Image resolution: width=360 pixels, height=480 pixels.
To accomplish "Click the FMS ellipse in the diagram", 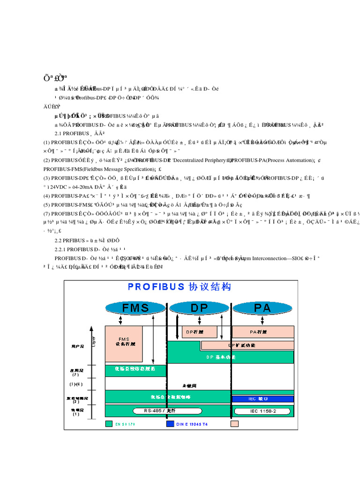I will (135, 307).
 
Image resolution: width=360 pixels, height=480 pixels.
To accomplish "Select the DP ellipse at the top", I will (200, 307).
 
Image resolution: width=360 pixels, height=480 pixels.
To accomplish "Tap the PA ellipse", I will (263, 307).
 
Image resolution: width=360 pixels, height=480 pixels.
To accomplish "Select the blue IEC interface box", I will (263, 399).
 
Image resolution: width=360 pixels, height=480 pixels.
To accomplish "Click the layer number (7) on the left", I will (75, 375).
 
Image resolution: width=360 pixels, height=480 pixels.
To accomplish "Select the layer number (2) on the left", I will (75, 402).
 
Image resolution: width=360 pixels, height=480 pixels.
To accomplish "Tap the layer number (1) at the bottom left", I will (75, 414).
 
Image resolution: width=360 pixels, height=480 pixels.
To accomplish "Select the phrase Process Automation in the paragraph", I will (287, 160).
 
